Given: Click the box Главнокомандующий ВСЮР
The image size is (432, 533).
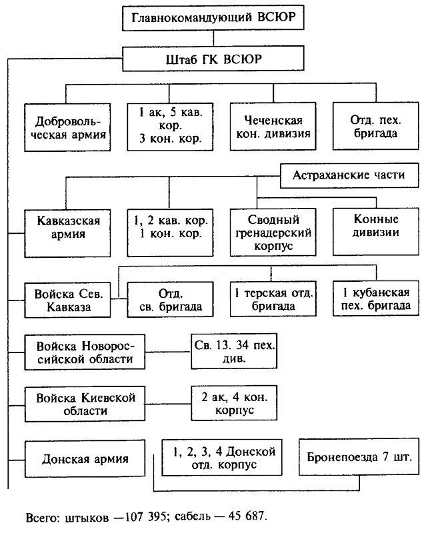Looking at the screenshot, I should pyautogui.click(x=213, y=17).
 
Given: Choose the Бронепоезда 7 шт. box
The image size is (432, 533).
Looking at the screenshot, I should pyautogui.click(x=359, y=458).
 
